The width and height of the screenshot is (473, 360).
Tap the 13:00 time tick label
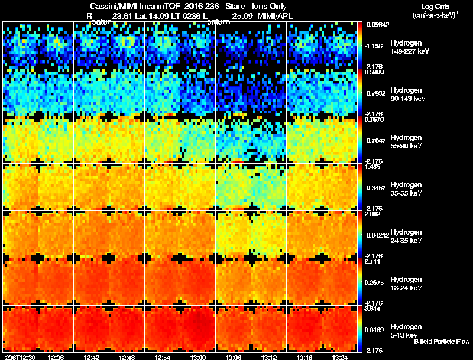click(198, 357)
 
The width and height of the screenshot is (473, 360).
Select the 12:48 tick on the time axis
click(127, 357)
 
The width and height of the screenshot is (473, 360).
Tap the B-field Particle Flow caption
click(442, 342)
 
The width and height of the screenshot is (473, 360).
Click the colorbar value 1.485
click(374, 167)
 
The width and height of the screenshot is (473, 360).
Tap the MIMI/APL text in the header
click(267, 16)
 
